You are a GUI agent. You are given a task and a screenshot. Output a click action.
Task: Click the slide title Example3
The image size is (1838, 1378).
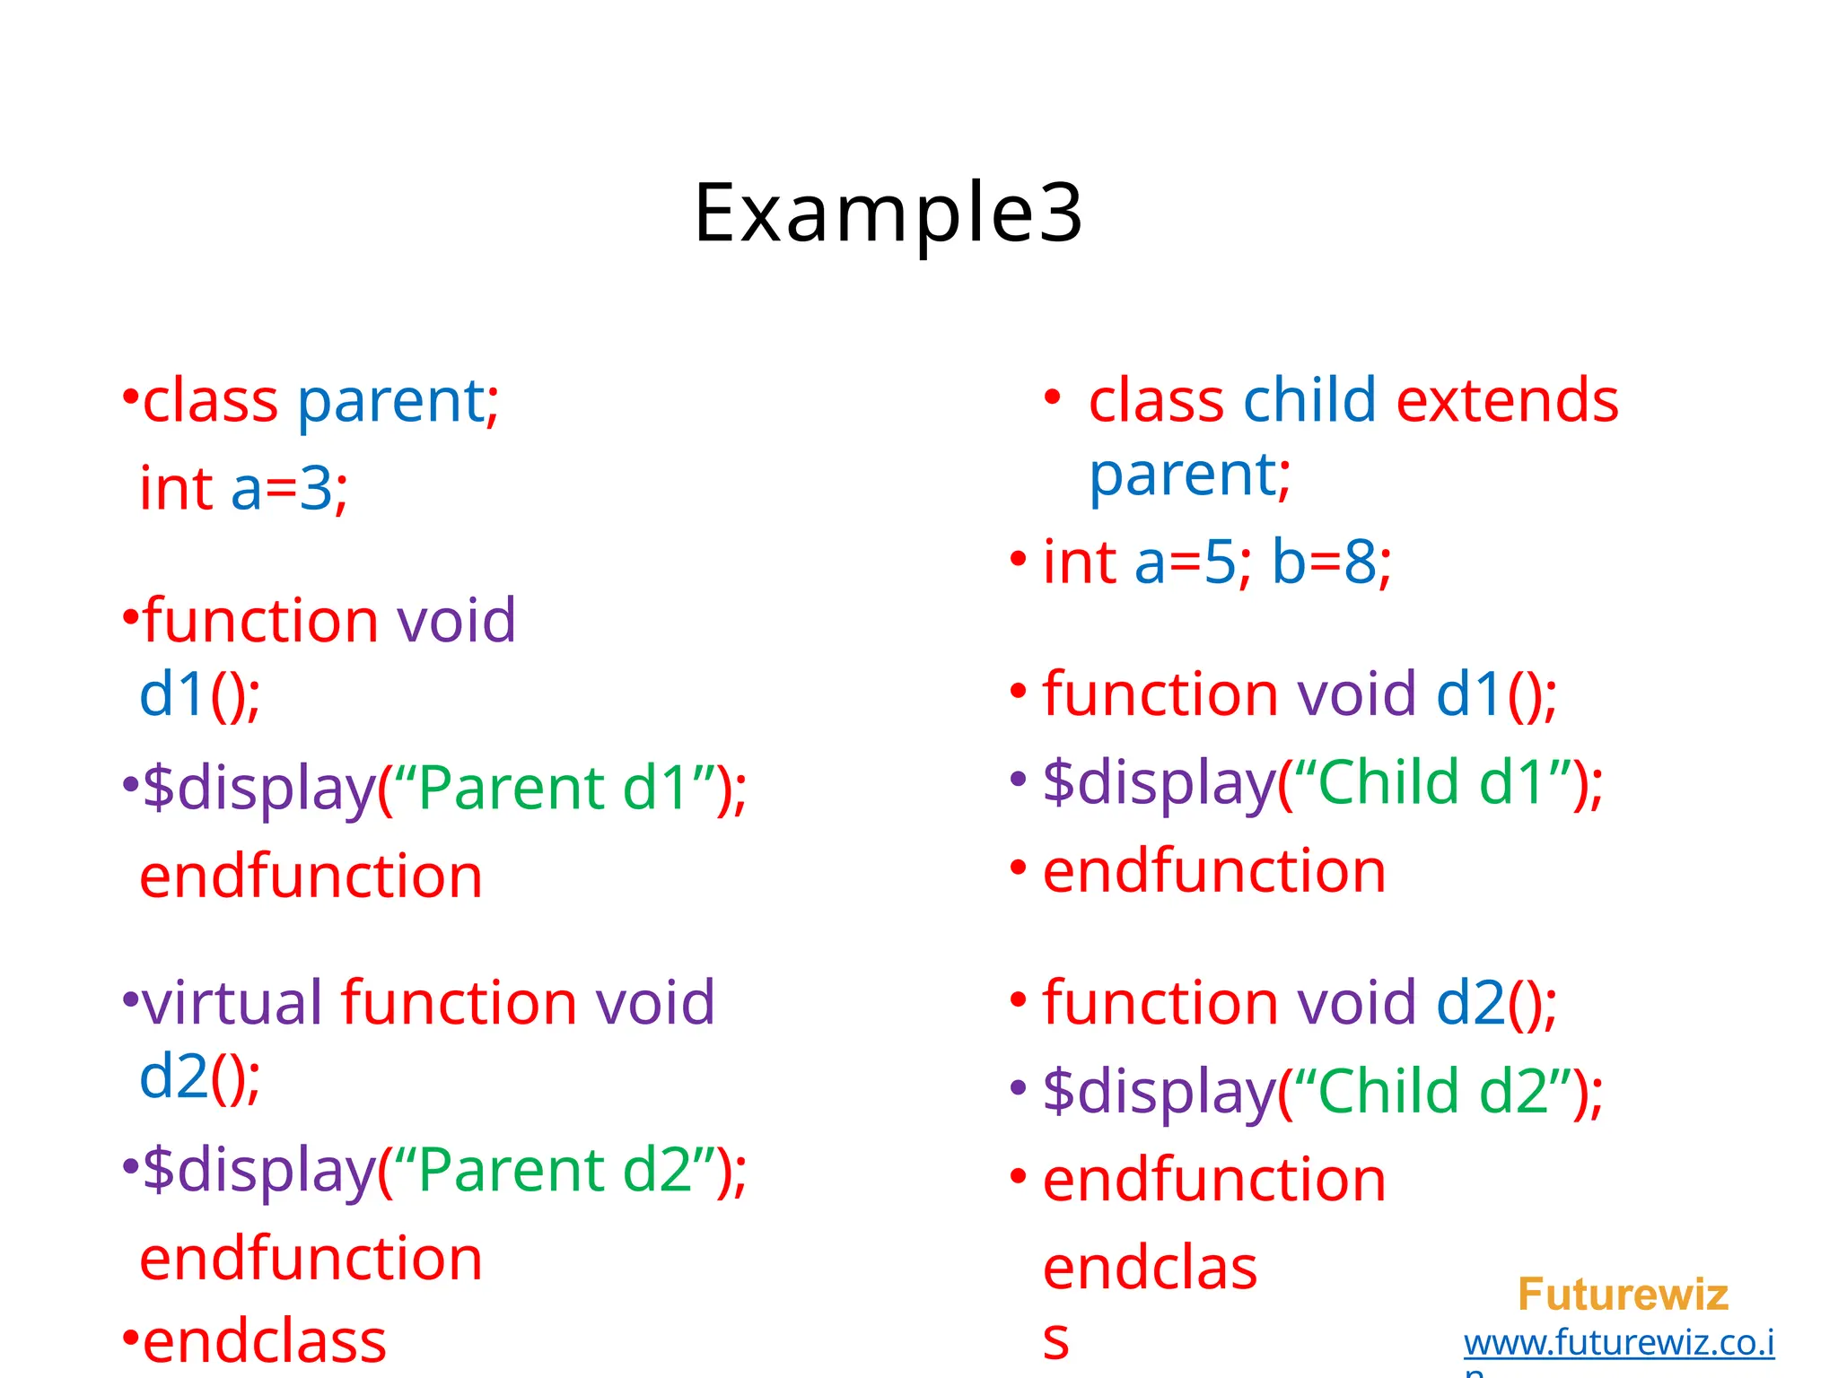pyautogui.click(x=888, y=214)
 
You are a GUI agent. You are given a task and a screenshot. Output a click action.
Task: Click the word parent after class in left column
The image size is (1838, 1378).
pyautogui.click(x=390, y=401)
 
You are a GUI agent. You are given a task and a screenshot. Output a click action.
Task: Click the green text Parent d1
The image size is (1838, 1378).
pyautogui.click(x=553, y=788)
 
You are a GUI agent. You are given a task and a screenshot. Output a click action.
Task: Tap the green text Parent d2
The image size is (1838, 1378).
pyautogui.click(x=553, y=1170)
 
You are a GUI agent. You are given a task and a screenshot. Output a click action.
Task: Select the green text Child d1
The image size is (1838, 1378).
pyautogui.click(x=1431, y=782)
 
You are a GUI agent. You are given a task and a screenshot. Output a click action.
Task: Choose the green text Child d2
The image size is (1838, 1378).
pyautogui.click(x=1431, y=1091)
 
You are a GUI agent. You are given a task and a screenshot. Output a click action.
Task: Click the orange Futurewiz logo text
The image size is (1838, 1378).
pyautogui.click(x=1623, y=1295)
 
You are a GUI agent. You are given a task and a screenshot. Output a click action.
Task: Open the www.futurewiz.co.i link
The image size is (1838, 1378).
pyautogui.click(x=1618, y=1343)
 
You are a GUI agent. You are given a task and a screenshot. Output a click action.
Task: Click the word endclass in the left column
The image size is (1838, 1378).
pyautogui.click(x=265, y=1341)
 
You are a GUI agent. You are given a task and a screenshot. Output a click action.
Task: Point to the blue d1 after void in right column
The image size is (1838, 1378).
pyautogui.click(x=1469, y=694)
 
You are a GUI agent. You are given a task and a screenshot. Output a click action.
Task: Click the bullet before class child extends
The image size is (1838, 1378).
pyautogui.click(x=1053, y=397)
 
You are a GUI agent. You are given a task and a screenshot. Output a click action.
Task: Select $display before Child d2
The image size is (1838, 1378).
pyautogui.click(x=1158, y=1091)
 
